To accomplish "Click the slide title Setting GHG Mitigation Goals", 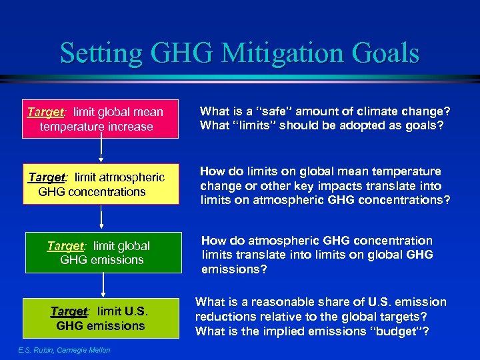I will [x=239, y=53].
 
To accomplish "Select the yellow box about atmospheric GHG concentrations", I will [x=102, y=184].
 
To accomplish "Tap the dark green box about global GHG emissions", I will [x=103, y=253].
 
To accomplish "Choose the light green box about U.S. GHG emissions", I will [x=103, y=319].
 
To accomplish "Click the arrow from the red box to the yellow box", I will [x=101, y=151].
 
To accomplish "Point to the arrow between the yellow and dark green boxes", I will [x=101, y=218].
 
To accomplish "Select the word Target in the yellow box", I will [x=46, y=177].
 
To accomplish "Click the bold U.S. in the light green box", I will [x=136, y=311].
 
